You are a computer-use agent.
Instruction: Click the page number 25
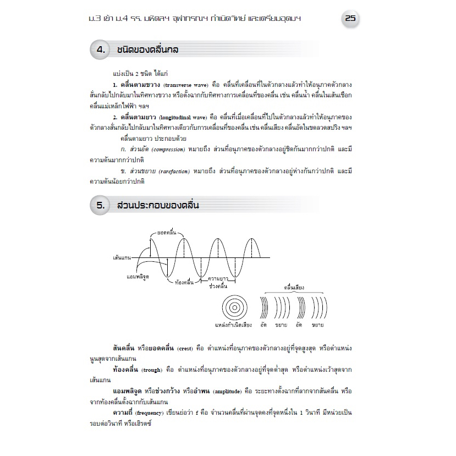[x=350, y=18]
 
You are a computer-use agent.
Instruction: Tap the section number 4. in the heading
[x=101, y=50]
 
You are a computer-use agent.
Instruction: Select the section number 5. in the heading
[x=101, y=206]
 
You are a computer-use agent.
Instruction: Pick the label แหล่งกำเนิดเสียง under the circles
[x=233, y=325]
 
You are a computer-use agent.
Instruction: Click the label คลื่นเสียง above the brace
[x=294, y=287]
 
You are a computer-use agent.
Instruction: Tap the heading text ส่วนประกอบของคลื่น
[x=158, y=206]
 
